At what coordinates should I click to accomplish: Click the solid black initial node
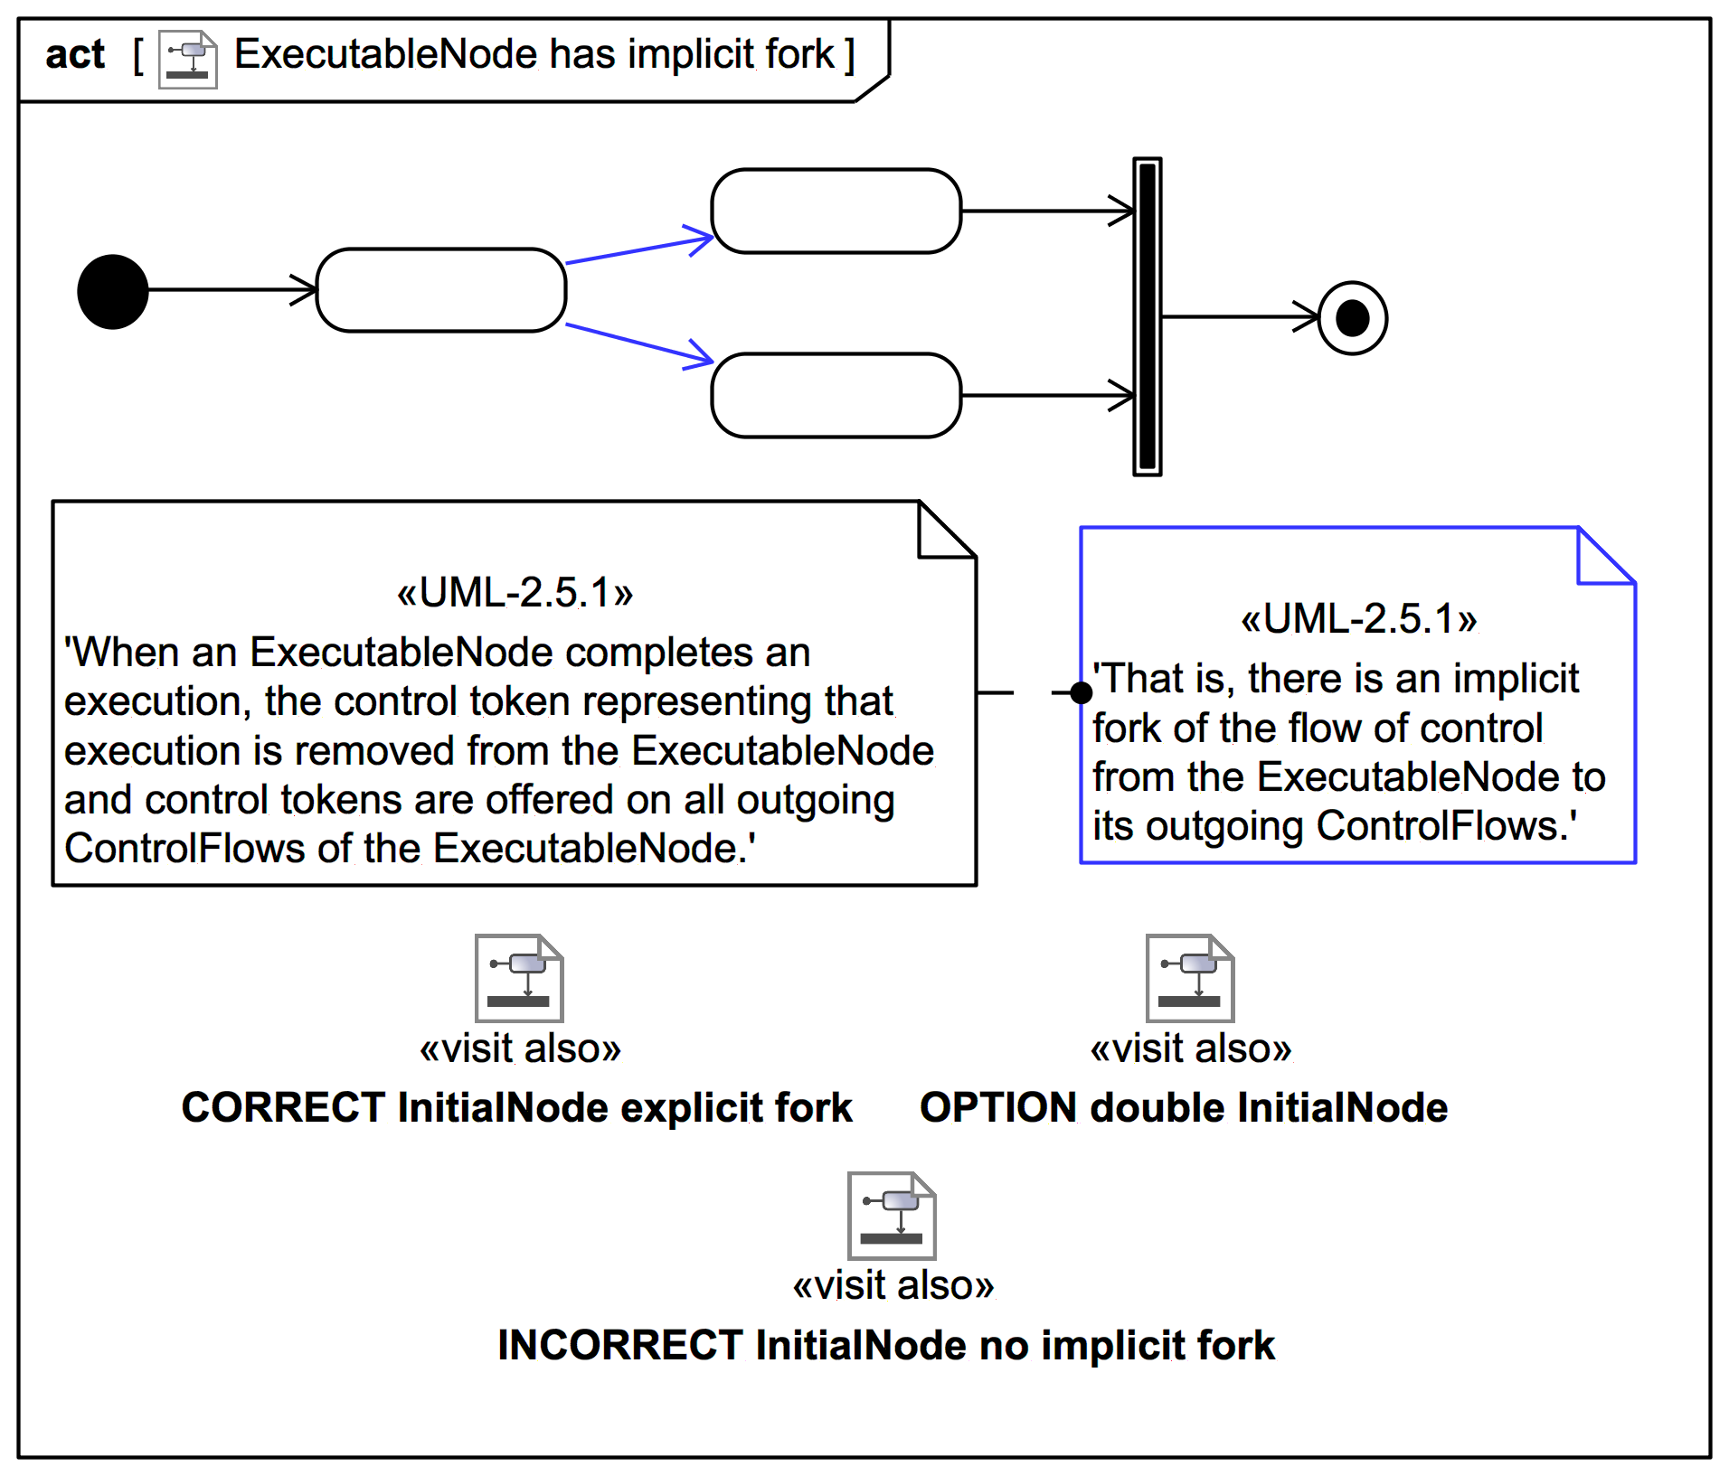click(x=113, y=291)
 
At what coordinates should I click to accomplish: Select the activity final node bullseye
click(x=1352, y=318)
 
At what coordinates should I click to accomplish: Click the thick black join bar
click(x=1147, y=316)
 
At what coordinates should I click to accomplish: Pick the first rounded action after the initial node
click(x=441, y=290)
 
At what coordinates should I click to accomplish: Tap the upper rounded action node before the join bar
click(x=836, y=211)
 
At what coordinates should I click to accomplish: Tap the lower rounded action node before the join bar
click(x=836, y=395)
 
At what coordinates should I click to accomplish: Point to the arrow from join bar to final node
click(x=1239, y=317)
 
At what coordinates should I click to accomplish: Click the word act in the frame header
click(x=75, y=55)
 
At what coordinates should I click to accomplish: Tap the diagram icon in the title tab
click(x=188, y=59)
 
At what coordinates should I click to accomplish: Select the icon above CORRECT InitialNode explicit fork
click(x=519, y=978)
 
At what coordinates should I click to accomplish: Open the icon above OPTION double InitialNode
click(x=1190, y=978)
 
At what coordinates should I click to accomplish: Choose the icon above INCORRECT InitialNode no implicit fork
click(x=892, y=1216)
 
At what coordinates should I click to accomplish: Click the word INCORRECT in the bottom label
click(x=620, y=1345)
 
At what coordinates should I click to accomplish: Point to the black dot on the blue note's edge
click(x=1081, y=692)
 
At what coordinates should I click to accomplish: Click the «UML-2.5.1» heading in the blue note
click(x=1358, y=619)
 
